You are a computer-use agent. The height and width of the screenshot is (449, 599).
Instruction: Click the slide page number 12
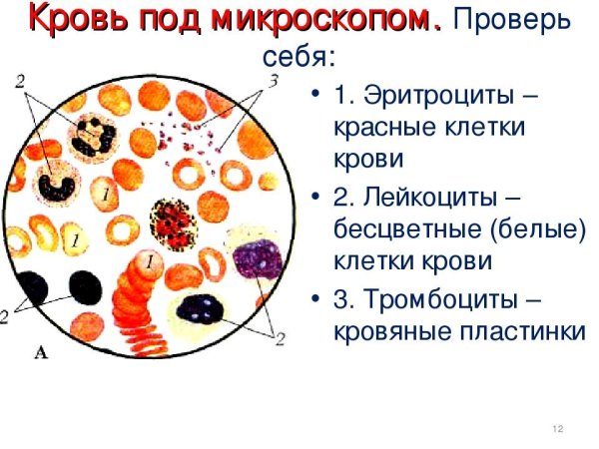click(x=558, y=429)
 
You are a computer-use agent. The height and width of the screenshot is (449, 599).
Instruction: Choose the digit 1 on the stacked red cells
click(x=149, y=261)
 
